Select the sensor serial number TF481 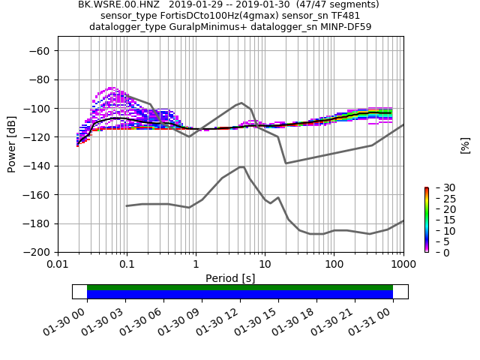click(345, 16)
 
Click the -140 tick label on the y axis click(37, 166)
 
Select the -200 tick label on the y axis click(37, 252)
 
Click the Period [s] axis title click(230, 278)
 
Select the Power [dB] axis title click(12, 144)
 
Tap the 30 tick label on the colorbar click(439, 187)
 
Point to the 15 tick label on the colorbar click(439, 220)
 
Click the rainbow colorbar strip click(426, 220)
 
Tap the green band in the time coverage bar click(240, 287)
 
